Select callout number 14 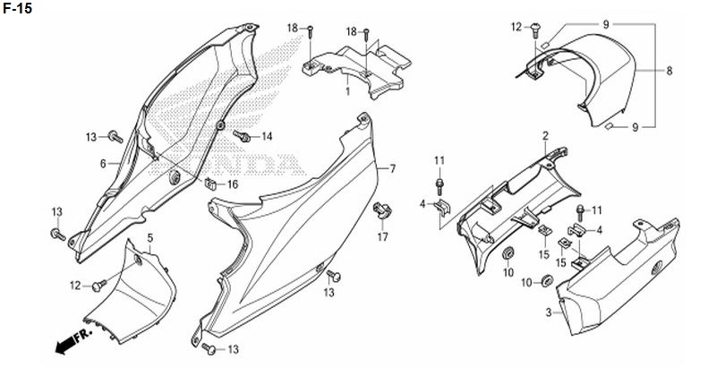point(267,137)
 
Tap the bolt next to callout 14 point(243,136)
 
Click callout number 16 point(233,184)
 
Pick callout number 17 point(382,237)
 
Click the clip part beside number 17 point(381,211)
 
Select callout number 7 point(391,168)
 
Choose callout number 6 point(103,164)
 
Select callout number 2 point(544,135)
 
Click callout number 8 point(669,70)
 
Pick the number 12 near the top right point(516,27)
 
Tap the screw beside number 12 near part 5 point(99,286)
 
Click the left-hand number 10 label point(507,272)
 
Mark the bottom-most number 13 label point(233,348)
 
